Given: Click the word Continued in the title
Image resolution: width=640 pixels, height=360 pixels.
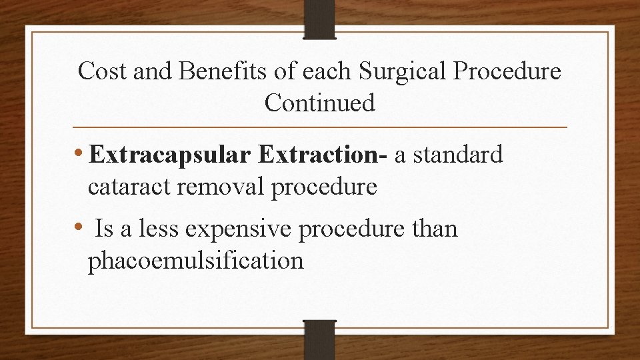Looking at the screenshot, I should point(319,103).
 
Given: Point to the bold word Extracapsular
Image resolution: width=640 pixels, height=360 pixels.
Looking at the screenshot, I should point(170,156).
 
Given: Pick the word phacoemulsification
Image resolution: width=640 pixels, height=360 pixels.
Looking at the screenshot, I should point(195,261).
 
